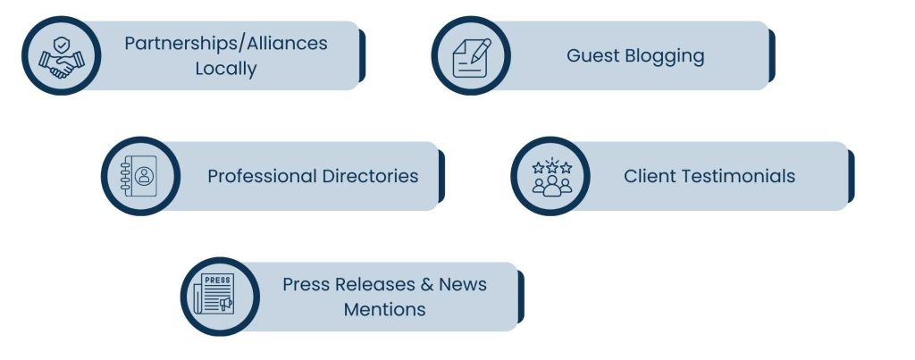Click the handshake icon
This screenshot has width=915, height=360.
pyautogui.click(x=62, y=57)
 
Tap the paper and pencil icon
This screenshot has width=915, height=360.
pyautogui.click(x=472, y=58)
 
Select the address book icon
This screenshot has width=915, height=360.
pyautogui.click(x=139, y=176)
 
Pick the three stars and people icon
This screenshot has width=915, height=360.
pyautogui.click(x=551, y=177)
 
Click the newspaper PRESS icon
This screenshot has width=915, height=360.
pyautogui.click(x=214, y=294)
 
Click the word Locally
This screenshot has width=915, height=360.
pyautogui.click(x=226, y=69)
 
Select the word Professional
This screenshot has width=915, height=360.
pyautogui.click(x=263, y=176)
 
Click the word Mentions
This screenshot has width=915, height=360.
pyautogui.click(x=384, y=309)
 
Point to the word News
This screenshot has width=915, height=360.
pyautogui.click(x=463, y=285)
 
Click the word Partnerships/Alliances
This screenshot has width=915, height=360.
pyautogui.click(x=226, y=44)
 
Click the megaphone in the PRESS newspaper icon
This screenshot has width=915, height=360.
pyautogui.click(x=225, y=304)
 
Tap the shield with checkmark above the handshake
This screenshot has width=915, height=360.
pyautogui.click(x=62, y=45)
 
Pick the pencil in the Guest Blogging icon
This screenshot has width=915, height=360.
pyautogui.click(x=481, y=50)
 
